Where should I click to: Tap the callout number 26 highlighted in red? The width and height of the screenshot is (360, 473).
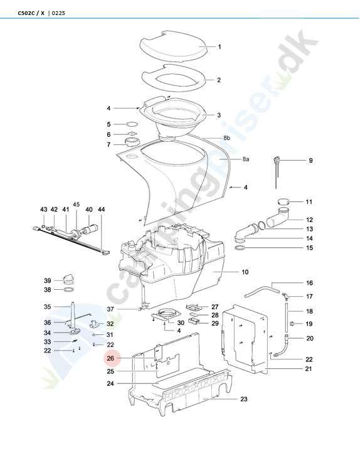110,358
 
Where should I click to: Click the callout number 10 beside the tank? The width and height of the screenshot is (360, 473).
245,272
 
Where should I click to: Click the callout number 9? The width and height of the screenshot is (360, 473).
310,161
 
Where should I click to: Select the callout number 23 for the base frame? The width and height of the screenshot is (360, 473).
243,399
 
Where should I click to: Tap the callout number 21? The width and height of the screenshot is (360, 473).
308,369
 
